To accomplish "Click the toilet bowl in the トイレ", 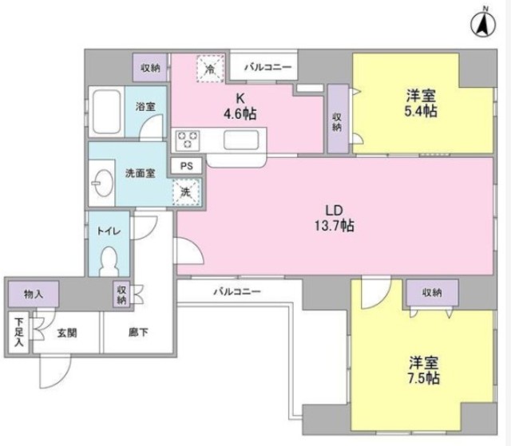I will [112, 259].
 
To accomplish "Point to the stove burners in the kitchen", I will [188, 140].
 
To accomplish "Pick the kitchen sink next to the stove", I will [240, 140].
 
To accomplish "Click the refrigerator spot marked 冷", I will [209, 70].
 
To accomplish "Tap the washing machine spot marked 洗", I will [186, 191].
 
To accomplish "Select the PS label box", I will [187, 167].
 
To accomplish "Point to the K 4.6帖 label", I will [240, 106].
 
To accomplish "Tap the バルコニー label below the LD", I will [237, 292].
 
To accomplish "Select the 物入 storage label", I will [34, 294].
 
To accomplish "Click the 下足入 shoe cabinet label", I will [18, 334].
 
